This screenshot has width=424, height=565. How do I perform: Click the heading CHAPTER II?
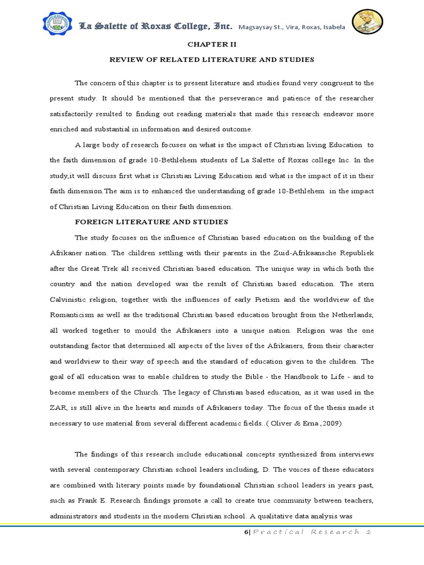tap(212, 45)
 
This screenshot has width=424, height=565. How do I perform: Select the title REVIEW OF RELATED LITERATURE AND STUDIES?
tap(212, 59)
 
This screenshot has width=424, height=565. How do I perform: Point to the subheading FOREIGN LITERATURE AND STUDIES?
tap(151, 222)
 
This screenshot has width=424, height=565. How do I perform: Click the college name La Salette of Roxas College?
tap(156, 26)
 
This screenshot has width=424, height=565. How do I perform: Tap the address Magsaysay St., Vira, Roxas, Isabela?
tap(292, 28)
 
